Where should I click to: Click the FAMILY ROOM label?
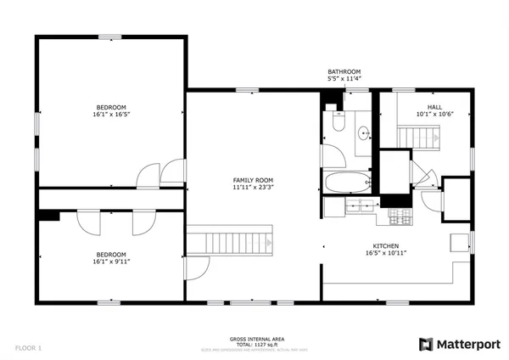point(254,180)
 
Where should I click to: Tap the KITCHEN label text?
point(382,245)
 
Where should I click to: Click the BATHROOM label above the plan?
point(344,71)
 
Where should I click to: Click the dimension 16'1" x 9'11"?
point(110,262)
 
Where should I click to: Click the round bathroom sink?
point(363,132)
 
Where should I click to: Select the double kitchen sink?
point(359,205)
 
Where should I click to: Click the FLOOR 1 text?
point(27,347)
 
